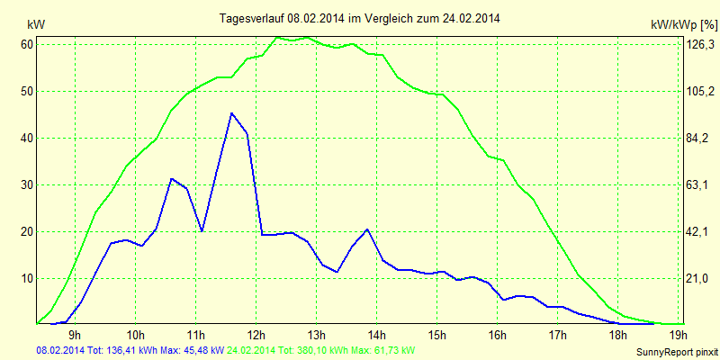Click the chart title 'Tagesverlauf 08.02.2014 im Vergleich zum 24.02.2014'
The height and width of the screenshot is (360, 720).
click(360, 18)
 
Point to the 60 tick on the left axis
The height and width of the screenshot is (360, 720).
click(27, 44)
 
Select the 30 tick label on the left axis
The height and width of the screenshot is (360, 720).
click(27, 184)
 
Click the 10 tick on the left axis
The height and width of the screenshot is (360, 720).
click(27, 278)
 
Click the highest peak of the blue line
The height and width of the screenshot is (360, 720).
click(231, 113)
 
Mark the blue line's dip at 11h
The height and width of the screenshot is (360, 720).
click(202, 231)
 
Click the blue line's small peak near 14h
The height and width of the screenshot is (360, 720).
click(367, 229)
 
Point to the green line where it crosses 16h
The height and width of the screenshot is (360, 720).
click(497, 159)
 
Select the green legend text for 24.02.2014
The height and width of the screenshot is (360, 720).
click(321, 349)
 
